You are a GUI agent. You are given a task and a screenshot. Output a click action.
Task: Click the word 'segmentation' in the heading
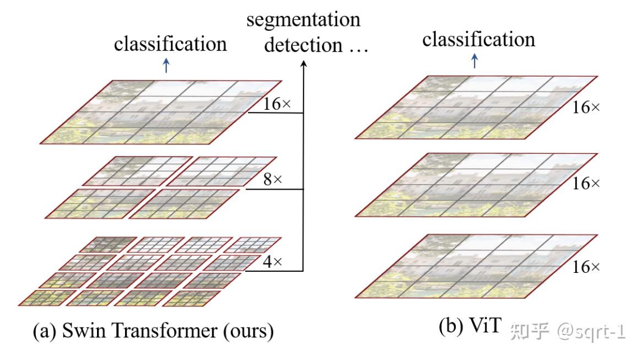(304, 20)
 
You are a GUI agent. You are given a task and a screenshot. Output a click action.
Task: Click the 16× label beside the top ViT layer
(586, 108)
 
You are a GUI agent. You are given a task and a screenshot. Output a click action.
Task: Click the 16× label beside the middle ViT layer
(586, 184)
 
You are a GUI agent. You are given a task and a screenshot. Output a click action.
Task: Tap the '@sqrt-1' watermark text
(590, 330)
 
